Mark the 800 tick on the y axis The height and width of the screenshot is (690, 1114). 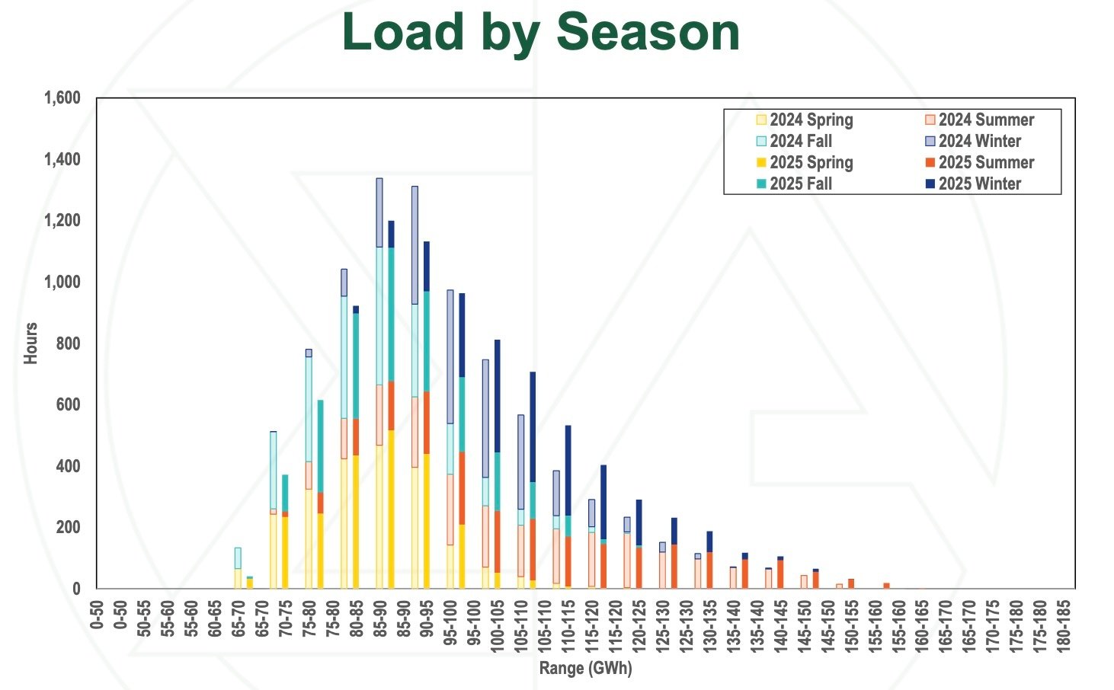click(x=69, y=343)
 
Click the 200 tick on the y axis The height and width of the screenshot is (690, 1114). click(x=69, y=527)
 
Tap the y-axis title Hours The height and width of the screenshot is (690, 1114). click(x=30, y=343)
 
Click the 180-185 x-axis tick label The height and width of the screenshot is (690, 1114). click(x=1064, y=623)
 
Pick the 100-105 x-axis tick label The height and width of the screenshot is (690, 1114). click(x=498, y=623)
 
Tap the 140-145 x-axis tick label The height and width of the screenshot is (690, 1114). click(x=780, y=623)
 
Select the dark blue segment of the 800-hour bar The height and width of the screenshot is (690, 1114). click(x=498, y=396)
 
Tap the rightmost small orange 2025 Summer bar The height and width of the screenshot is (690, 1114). click(x=886, y=586)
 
